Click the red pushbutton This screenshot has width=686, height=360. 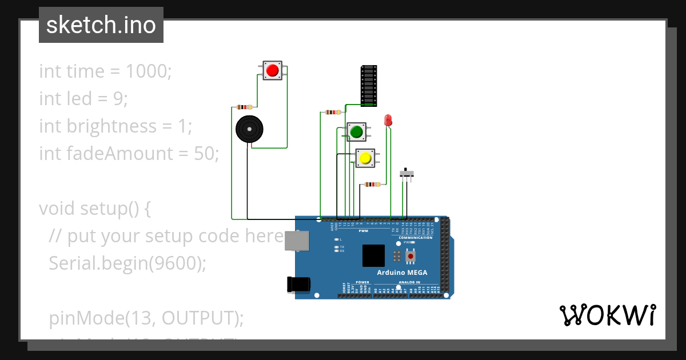(x=272, y=70)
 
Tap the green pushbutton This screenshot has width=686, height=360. (x=357, y=132)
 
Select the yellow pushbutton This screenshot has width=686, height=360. (x=365, y=158)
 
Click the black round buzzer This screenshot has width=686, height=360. (x=250, y=129)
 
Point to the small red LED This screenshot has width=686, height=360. (x=388, y=120)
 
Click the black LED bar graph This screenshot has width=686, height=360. (x=369, y=86)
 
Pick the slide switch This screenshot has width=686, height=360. (x=406, y=174)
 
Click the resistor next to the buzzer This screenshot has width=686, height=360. (x=245, y=107)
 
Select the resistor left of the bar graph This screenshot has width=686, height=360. (x=333, y=112)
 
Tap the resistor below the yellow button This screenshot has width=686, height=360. (x=372, y=184)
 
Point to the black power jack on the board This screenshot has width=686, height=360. (x=298, y=284)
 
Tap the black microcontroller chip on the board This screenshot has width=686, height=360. (x=373, y=255)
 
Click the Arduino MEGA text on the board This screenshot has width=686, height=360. (x=402, y=273)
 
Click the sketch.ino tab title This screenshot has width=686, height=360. (x=101, y=25)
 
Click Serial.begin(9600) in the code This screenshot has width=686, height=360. (x=127, y=263)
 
